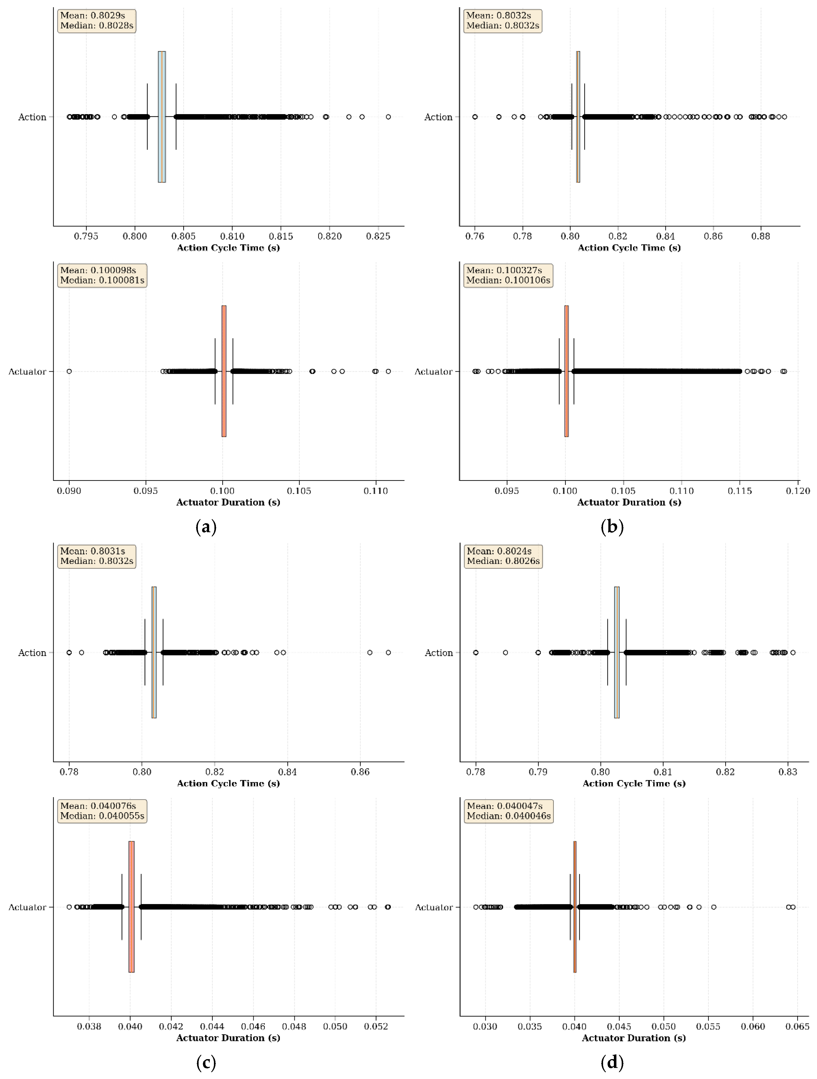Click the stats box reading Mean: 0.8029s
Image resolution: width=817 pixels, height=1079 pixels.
[x=97, y=20]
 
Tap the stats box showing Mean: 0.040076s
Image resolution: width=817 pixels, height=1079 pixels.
[x=102, y=811]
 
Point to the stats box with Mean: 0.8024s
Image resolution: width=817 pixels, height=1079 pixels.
[x=503, y=556]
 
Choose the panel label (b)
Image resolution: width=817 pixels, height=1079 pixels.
[x=612, y=527]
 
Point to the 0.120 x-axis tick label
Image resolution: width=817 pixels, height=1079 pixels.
[x=798, y=491]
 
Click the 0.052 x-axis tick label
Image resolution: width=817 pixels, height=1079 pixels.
[x=376, y=1026]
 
